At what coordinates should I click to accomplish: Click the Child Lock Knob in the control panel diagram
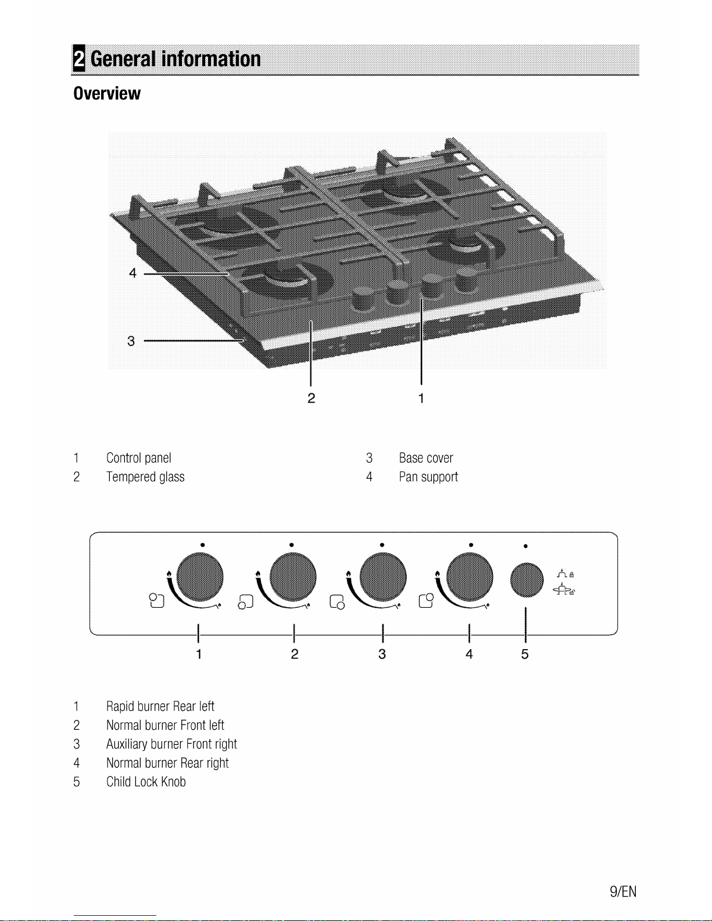527,580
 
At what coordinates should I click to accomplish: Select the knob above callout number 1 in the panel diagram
199,577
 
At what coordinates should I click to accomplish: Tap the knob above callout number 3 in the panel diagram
382,577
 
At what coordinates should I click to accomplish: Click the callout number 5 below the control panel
525,654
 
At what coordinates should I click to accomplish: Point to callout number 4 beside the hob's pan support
133,273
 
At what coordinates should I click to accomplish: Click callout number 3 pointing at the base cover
131,341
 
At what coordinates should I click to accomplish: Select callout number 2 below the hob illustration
311,398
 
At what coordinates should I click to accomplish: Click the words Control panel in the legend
138,458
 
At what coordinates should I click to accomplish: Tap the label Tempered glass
145,477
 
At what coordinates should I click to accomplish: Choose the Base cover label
426,458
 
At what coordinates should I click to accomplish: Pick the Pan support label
428,477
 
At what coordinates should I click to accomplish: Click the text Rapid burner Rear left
160,706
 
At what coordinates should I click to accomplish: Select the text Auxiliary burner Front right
171,744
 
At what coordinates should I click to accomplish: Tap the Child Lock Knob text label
146,782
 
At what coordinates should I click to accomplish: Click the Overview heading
107,93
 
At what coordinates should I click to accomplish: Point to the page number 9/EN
623,892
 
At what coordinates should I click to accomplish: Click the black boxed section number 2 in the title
79,58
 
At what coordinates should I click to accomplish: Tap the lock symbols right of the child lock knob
565,582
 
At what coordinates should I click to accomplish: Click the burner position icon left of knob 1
156,600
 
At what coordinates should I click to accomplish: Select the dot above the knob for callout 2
292,545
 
